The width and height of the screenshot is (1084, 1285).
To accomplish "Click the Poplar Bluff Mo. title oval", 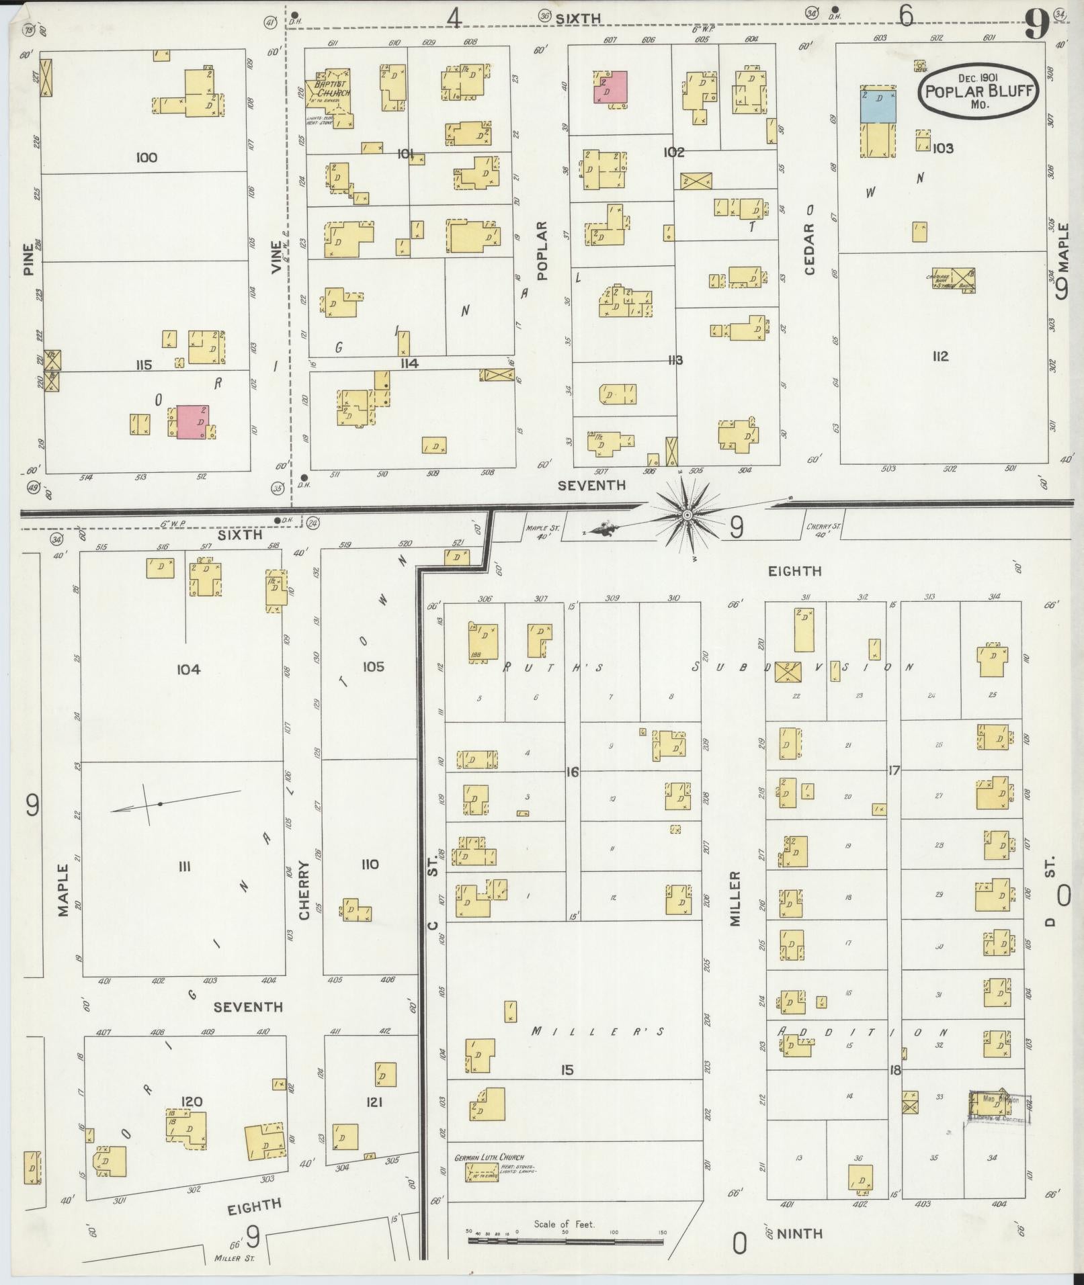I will coord(978,92).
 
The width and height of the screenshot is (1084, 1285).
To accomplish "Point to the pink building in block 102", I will coord(610,87).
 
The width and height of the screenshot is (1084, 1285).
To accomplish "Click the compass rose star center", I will coord(687,515).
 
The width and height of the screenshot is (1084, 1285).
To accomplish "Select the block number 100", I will coord(146,158).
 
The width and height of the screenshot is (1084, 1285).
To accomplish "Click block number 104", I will coord(188,669).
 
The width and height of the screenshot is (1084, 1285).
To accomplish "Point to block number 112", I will coord(940,356).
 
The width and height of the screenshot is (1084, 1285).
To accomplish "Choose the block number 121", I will coord(374,1102).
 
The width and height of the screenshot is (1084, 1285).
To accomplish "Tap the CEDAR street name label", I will coord(808,249).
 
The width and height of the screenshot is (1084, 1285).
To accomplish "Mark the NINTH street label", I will coord(800,1233).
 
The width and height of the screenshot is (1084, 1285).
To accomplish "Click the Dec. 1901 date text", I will coord(978,78).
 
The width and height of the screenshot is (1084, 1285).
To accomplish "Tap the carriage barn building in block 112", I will coord(954,279).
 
